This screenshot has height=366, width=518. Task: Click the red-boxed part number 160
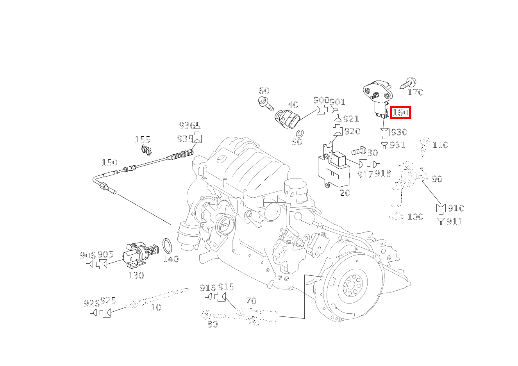[x=400, y=113]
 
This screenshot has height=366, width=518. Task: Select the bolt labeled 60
[x=265, y=103]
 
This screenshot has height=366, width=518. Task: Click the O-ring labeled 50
[x=300, y=133]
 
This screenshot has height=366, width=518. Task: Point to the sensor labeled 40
[x=288, y=119]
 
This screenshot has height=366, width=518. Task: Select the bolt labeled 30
[x=358, y=151]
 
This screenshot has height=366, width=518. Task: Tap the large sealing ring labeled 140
[x=168, y=246]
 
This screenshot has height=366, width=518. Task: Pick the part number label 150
[x=109, y=163]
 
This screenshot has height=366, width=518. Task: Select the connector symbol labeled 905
[x=102, y=264]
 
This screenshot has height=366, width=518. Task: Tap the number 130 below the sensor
[x=136, y=276]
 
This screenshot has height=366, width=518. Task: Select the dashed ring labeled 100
[x=396, y=216]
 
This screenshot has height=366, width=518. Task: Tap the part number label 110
[x=440, y=145]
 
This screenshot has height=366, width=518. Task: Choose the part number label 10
[x=156, y=308]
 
